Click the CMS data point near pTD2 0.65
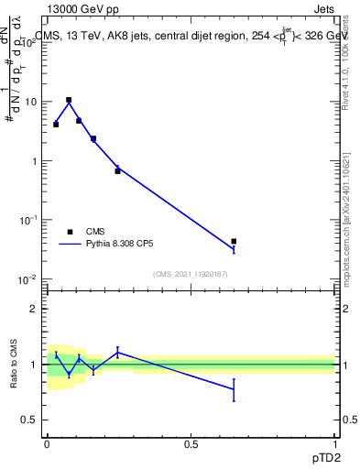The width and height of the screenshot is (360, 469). tap(234, 242)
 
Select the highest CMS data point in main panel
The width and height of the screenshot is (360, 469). tap(69, 100)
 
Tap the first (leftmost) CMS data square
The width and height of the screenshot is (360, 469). tap(56, 124)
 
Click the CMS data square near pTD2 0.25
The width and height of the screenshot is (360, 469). tap(117, 170)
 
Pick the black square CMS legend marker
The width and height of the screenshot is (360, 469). tap(70, 232)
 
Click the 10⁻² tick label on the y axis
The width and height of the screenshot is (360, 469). tap(27, 279)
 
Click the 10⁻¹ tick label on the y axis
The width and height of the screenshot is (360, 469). tap(27, 220)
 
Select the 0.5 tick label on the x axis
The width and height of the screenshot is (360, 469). tap(191, 444)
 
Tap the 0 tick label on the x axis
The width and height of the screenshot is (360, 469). tap(47, 444)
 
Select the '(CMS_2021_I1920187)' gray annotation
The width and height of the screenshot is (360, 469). tap(191, 273)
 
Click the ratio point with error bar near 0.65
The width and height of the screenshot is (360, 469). tap(234, 389)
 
